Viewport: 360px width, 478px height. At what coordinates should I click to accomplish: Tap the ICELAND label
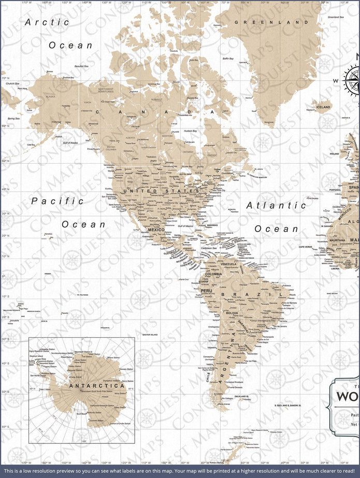(323, 107)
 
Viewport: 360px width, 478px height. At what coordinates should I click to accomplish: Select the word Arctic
(47, 22)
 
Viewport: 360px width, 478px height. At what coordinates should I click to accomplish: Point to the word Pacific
(57, 201)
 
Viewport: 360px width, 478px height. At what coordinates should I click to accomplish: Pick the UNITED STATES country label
(161, 191)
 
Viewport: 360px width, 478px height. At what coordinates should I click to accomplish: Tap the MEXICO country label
(156, 229)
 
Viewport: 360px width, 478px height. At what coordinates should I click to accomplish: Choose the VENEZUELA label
(228, 264)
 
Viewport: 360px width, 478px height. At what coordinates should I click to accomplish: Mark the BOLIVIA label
(232, 313)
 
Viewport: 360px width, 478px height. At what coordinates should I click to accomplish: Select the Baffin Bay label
(228, 59)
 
